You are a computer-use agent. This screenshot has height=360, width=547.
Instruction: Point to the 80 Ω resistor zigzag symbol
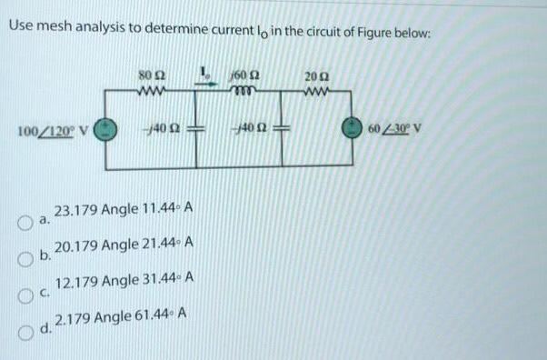[x=148, y=89]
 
